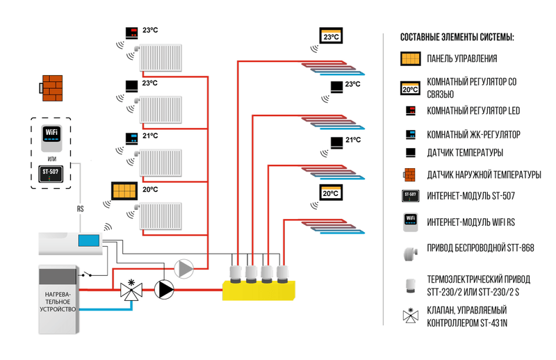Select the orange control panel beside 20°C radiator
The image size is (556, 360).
point(126,190)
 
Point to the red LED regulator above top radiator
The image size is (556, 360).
point(131,32)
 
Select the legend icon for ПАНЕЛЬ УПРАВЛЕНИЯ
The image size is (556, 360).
point(410,58)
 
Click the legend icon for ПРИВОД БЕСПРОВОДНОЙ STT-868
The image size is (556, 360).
point(409,249)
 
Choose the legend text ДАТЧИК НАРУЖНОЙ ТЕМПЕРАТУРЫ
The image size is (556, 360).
point(484,175)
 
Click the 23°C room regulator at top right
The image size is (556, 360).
point(332,35)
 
